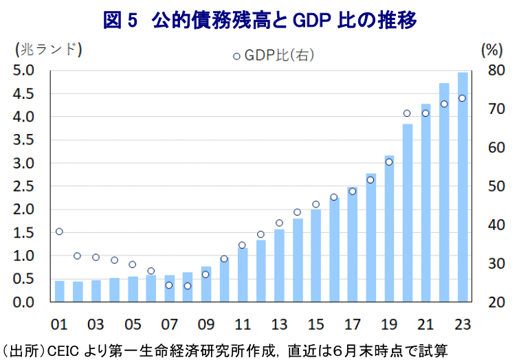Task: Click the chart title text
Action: click(259, 20)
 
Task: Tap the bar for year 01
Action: click(59, 291)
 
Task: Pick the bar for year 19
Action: click(389, 229)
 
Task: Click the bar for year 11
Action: click(242, 275)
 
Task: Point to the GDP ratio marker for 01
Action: click(59, 232)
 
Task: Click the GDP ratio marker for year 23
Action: click(463, 98)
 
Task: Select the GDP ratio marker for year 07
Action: click(169, 285)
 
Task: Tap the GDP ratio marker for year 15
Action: click(316, 204)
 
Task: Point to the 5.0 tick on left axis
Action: click(25, 70)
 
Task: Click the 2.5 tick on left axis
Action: click(25, 186)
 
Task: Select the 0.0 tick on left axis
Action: click(25, 302)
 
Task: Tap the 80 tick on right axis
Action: click(496, 70)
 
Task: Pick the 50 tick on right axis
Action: click(496, 186)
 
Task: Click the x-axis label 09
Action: click(206, 324)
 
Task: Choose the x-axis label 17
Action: click(352, 324)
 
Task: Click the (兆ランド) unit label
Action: click(47, 49)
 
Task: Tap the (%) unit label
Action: click(493, 49)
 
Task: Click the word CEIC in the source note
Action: click(64, 350)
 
